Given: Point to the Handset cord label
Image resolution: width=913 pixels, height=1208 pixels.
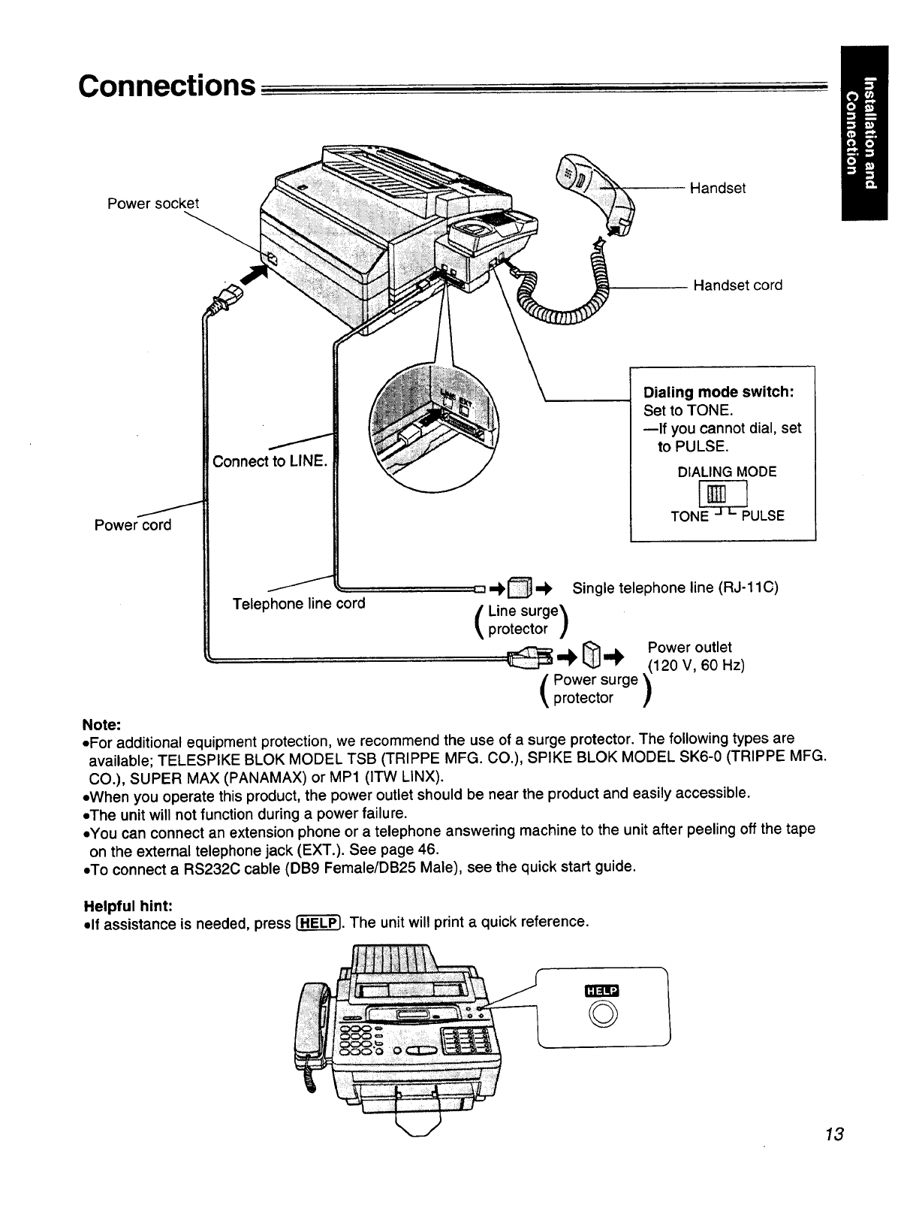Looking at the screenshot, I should [x=737, y=285].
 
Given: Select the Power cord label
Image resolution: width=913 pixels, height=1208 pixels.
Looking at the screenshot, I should [x=133, y=525].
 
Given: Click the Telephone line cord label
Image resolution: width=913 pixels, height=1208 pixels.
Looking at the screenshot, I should [x=299, y=604].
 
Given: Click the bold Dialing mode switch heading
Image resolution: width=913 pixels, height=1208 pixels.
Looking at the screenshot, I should [x=719, y=393].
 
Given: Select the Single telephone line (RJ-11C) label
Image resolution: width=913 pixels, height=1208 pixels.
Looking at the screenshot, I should [x=675, y=587].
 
